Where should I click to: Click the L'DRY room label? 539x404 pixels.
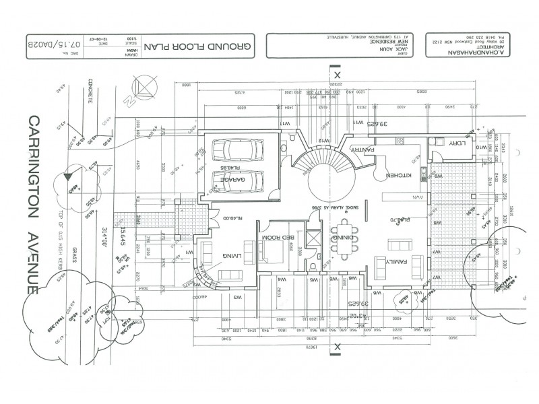(x=456, y=143)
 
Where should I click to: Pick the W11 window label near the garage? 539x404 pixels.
(x=286, y=123)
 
